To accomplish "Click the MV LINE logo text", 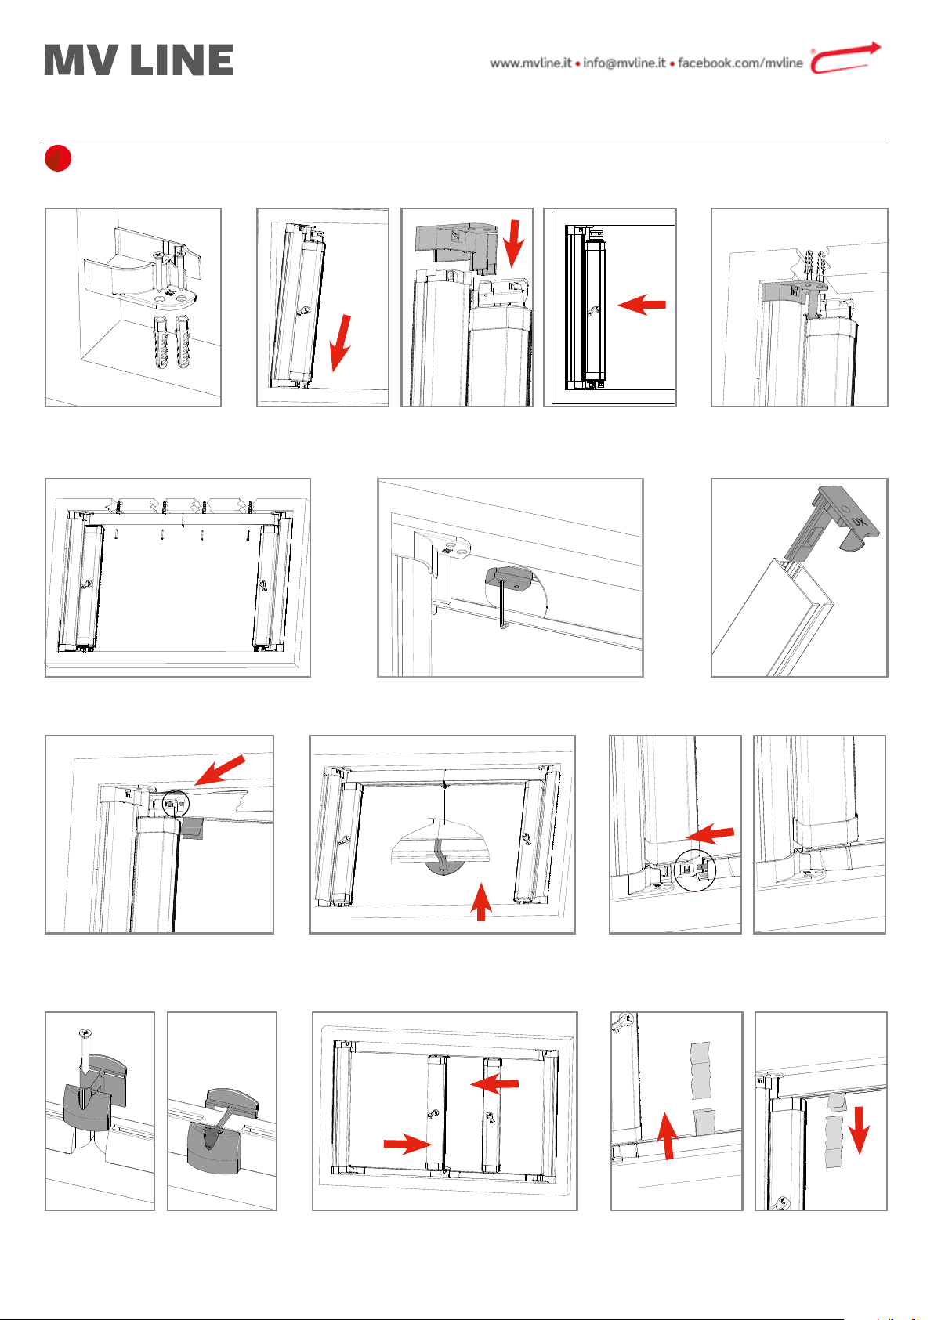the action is click(x=139, y=60).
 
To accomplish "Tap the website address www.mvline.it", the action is click(x=530, y=63).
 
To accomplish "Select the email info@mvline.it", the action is click(x=624, y=63).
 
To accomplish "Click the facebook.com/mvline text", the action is click(x=740, y=63).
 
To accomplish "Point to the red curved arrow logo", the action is click(x=845, y=58).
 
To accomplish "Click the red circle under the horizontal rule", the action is click(x=58, y=158).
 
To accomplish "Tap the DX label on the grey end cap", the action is click(x=859, y=521).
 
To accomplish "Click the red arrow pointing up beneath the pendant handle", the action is click(x=481, y=901).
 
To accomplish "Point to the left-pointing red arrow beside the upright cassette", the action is click(x=641, y=305).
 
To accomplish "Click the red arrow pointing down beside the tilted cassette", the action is click(x=340, y=343).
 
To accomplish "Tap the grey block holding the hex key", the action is click(x=509, y=579).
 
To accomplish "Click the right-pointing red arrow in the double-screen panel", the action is click(x=407, y=1144).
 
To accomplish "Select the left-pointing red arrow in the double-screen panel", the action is click(x=494, y=1083).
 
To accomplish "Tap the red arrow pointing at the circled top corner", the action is click(x=219, y=770).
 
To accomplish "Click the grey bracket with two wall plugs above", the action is click(x=795, y=294).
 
